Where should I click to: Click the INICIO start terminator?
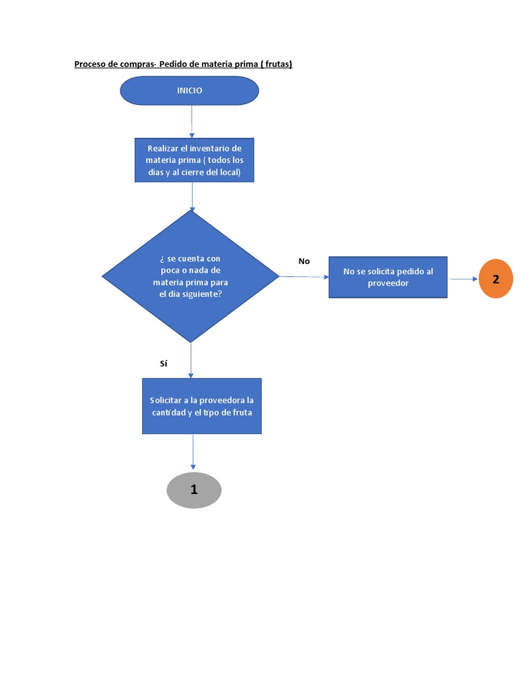190,91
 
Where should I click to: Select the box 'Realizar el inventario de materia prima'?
194,160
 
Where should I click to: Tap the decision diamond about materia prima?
190,276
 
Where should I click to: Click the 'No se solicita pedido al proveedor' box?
388,277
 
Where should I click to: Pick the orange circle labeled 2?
496,279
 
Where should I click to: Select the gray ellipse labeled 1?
194,490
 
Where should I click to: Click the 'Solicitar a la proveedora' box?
202,406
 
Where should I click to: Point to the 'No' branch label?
304,261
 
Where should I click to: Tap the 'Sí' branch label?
163,363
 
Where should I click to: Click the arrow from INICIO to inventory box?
192,122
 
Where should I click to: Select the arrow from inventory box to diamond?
193,196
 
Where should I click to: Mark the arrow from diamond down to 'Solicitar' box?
191,360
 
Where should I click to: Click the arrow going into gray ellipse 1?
194,452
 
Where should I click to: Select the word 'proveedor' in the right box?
388,283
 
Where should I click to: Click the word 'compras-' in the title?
138,64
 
